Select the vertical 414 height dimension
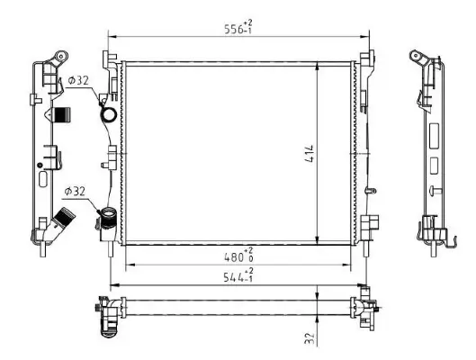[x=308, y=153]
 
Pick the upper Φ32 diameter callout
[x=78, y=80]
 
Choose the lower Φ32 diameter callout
[x=76, y=191]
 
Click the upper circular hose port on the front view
[x=107, y=116]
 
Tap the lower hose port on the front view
[x=107, y=219]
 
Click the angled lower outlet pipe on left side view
[x=64, y=220]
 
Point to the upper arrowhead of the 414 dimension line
[x=319, y=67]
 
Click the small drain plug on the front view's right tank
[x=370, y=191]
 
